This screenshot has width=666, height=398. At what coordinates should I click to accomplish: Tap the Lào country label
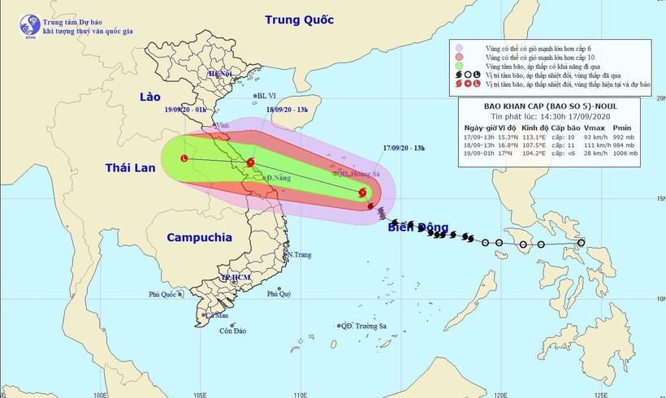(151, 97)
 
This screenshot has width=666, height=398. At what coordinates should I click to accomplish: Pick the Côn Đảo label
(232, 331)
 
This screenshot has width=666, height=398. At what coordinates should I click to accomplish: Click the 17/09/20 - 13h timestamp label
(404, 147)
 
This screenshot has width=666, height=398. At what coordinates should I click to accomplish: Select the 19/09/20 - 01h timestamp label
(185, 108)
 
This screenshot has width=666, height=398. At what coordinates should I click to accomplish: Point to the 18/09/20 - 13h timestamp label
(286, 109)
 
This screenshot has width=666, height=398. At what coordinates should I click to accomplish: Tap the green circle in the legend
(460, 66)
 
